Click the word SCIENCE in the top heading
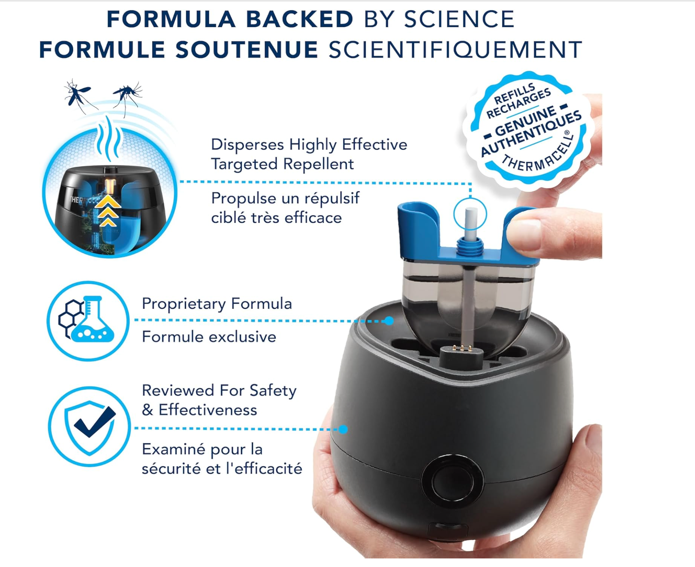click(459, 19)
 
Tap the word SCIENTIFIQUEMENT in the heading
click(455, 50)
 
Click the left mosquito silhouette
click(79, 96)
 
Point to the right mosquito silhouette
click(127, 97)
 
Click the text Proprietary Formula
click(217, 304)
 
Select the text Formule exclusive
click(209, 337)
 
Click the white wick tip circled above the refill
click(470, 218)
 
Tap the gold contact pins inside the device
click(462, 348)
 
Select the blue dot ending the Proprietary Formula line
click(389, 321)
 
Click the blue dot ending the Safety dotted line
click(343, 429)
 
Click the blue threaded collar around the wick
click(470, 247)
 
